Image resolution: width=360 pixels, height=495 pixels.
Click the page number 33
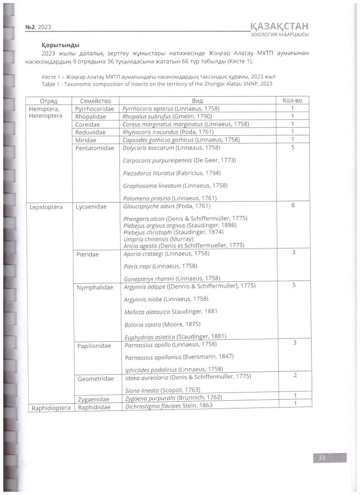click(x=321, y=458)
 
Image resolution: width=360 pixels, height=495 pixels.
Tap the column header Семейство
click(x=95, y=101)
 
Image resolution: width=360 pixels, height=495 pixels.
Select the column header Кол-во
click(x=292, y=101)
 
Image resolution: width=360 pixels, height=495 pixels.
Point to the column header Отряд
click(x=48, y=102)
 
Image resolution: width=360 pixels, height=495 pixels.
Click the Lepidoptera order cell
click(x=47, y=207)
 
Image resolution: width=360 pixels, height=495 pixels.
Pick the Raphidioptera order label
click(x=51, y=408)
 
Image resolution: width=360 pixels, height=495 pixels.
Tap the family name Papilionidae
click(x=94, y=346)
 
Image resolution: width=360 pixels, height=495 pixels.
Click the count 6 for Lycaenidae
click(x=293, y=205)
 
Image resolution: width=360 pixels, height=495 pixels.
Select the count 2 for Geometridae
click(x=295, y=375)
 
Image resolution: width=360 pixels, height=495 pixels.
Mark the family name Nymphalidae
click(x=95, y=287)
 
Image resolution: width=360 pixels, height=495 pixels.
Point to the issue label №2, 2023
click(x=38, y=28)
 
